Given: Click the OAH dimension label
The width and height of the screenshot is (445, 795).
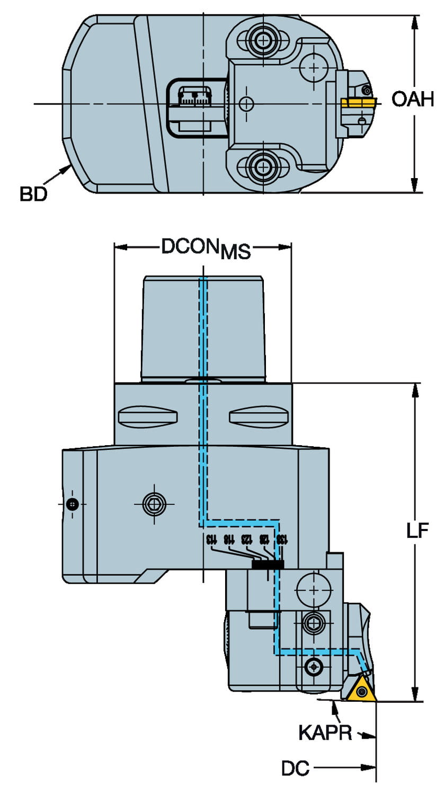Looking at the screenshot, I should [413, 99].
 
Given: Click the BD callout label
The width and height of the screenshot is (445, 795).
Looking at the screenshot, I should [33, 194].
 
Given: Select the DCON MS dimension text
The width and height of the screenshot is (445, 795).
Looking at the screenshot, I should [206, 248].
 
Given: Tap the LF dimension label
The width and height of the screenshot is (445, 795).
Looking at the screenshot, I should [417, 532].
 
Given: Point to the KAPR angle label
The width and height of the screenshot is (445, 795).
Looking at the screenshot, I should [325, 732].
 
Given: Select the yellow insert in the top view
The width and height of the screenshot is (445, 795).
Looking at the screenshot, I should [358, 101].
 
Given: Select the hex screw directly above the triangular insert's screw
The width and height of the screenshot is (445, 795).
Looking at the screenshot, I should [311, 622].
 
